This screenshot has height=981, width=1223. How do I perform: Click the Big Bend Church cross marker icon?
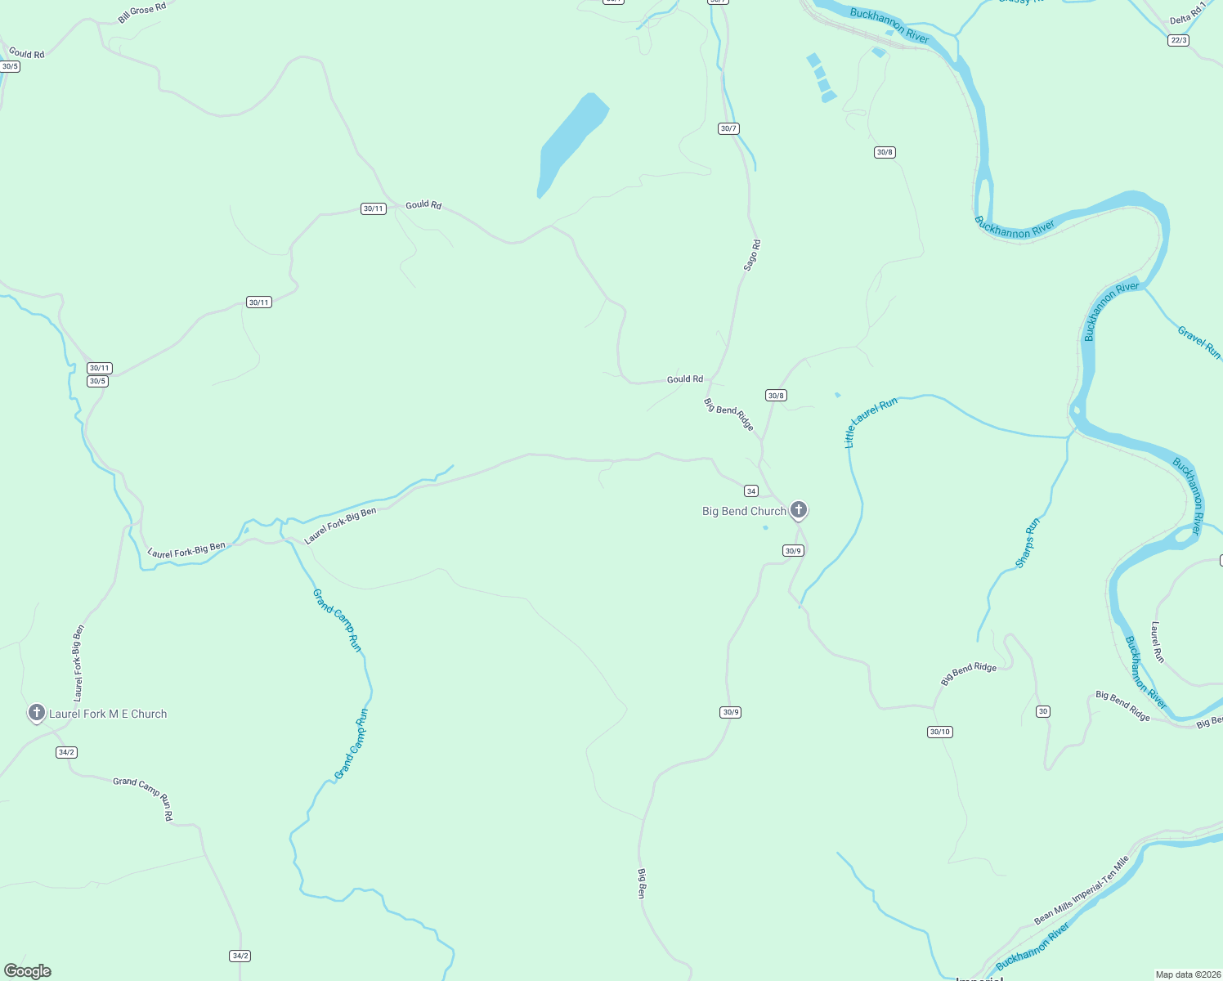pyautogui.click(x=799, y=510)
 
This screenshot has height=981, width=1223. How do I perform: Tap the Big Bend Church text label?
pyautogui.click(x=744, y=512)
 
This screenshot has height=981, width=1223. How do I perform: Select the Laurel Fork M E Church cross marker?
pyautogui.click(x=36, y=713)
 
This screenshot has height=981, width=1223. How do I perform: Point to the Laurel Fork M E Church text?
pyautogui.click(x=108, y=714)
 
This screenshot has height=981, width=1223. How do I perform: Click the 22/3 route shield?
pyautogui.click(x=1178, y=40)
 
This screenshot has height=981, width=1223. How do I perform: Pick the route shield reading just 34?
pyautogui.click(x=751, y=491)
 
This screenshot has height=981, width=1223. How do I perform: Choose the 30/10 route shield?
pyautogui.click(x=940, y=732)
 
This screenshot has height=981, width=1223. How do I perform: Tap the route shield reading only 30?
pyautogui.click(x=1042, y=711)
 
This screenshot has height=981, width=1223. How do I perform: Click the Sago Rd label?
pyautogui.click(x=752, y=255)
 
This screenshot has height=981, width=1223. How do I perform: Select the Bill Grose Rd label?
pyautogui.click(x=141, y=12)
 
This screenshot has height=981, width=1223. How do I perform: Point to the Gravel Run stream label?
pyautogui.click(x=1199, y=342)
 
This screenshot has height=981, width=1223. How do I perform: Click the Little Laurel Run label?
pyautogui.click(x=870, y=422)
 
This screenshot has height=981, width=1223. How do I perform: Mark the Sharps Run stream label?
pyautogui.click(x=1028, y=542)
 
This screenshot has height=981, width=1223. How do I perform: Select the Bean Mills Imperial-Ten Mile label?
pyautogui.click(x=1082, y=889)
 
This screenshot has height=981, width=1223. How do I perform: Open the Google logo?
pyautogui.click(x=28, y=971)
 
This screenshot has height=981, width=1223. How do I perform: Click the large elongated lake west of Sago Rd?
pyautogui.click(x=571, y=143)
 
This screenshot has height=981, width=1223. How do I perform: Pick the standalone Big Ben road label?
pyautogui.click(x=642, y=884)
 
